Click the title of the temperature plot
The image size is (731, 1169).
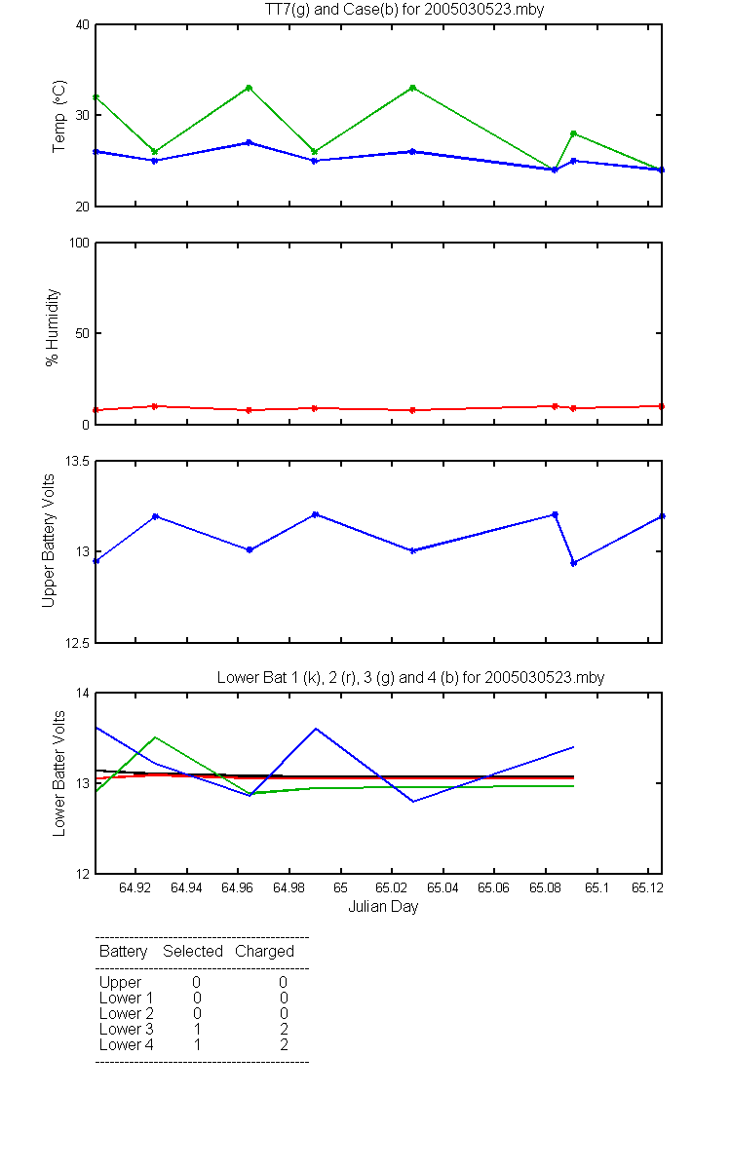404,10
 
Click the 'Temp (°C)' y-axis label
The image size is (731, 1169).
59,116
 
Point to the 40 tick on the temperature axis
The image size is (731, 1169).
83,24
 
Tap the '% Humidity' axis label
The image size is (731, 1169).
53,327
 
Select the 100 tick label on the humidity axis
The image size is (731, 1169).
79,243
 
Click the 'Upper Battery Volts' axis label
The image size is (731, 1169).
48,541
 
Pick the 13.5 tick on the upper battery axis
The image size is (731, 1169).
77,461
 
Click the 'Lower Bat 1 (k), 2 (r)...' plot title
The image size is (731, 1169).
411,677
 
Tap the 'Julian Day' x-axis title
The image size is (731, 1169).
383,907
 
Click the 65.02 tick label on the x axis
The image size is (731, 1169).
392,887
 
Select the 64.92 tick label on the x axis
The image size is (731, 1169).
135,887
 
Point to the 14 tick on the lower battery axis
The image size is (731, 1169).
83,693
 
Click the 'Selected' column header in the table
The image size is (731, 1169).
193,952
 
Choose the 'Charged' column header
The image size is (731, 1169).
264,952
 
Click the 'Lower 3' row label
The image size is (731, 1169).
127,1029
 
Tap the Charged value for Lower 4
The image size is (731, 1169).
284,1044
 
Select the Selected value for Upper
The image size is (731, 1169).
196,982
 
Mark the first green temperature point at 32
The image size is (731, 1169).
96,97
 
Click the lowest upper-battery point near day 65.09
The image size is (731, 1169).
574,563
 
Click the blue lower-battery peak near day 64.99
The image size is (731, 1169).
316,729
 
